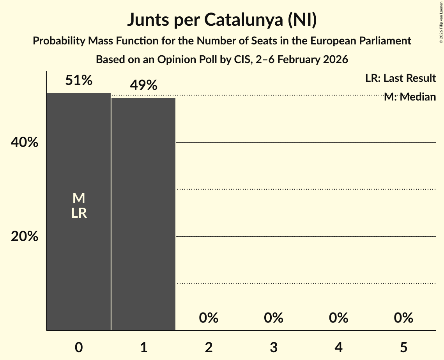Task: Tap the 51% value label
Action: [79, 81]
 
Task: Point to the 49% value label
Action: [143, 85]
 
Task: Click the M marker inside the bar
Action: [79, 198]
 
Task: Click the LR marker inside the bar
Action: [79, 213]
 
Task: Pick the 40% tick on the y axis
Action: [25, 143]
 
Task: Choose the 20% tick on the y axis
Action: [25, 236]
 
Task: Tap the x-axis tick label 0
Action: [79, 347]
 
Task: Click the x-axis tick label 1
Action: [143, 347]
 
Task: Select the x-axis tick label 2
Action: [209, 347]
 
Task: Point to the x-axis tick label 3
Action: [273, 347]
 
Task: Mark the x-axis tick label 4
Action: [338, 347]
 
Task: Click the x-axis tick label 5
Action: [403, 347]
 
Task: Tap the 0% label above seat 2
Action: [209, 318]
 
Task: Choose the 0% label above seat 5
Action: [403, 318]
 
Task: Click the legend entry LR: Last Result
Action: [400, 78]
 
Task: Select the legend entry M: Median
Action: [409, 97]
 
